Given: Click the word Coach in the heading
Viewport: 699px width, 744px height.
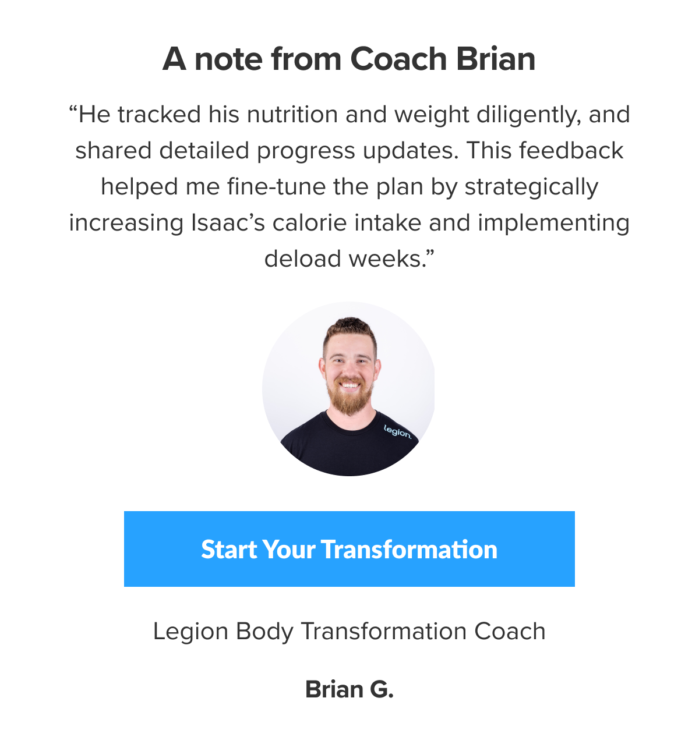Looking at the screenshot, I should click(399, 59).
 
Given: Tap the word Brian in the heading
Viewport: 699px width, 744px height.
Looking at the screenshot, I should click(496, 59).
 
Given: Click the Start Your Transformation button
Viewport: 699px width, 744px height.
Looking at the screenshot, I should click(349, 549).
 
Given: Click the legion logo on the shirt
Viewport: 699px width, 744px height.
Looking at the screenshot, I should click(398, 432).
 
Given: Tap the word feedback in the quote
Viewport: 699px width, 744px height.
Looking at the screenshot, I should click(571, 151).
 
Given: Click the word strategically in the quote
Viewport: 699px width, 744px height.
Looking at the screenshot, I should click(531, 187).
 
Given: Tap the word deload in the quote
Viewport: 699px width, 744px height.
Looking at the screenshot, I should click(302, 258).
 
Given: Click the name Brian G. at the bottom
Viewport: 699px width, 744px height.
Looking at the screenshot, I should click(349, 689).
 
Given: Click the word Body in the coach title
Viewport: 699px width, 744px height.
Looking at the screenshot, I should click(264, 632).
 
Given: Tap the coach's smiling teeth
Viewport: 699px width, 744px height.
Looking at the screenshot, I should click(349, 384).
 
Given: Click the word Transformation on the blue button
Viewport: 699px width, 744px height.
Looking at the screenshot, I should click(409, 549).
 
